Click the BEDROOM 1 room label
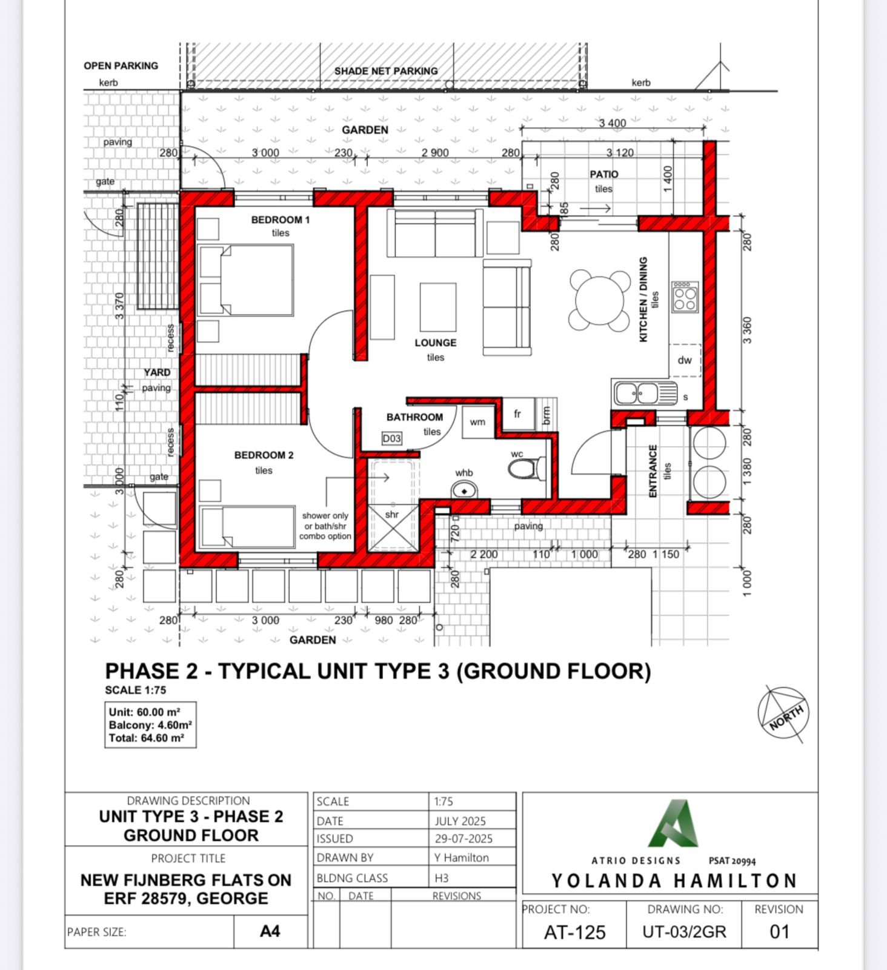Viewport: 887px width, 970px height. tap(281, 219)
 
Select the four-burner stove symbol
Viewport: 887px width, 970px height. tap(685, 297)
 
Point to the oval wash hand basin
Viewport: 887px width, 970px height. tap(465, 490)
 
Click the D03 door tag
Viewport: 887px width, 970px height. tap(391, 438)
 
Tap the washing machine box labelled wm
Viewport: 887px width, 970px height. tap(478, 421)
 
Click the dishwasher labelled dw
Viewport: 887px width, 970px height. tap(685, 360)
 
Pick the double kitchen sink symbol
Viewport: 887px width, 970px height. tap(645, 393)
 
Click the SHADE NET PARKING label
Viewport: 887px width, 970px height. tap(386, 71)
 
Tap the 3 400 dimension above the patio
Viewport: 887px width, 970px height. tap(613, 123)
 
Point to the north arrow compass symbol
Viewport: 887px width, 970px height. tap(783, 714)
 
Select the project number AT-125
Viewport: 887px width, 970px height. tap(574, 932)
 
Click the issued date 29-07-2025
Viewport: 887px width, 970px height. tap(463, 838)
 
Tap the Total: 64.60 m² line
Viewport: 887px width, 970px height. tap(146, 738)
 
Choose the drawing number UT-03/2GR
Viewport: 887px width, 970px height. tap(684, 932)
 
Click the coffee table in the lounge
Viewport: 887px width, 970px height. tap(438, 307)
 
